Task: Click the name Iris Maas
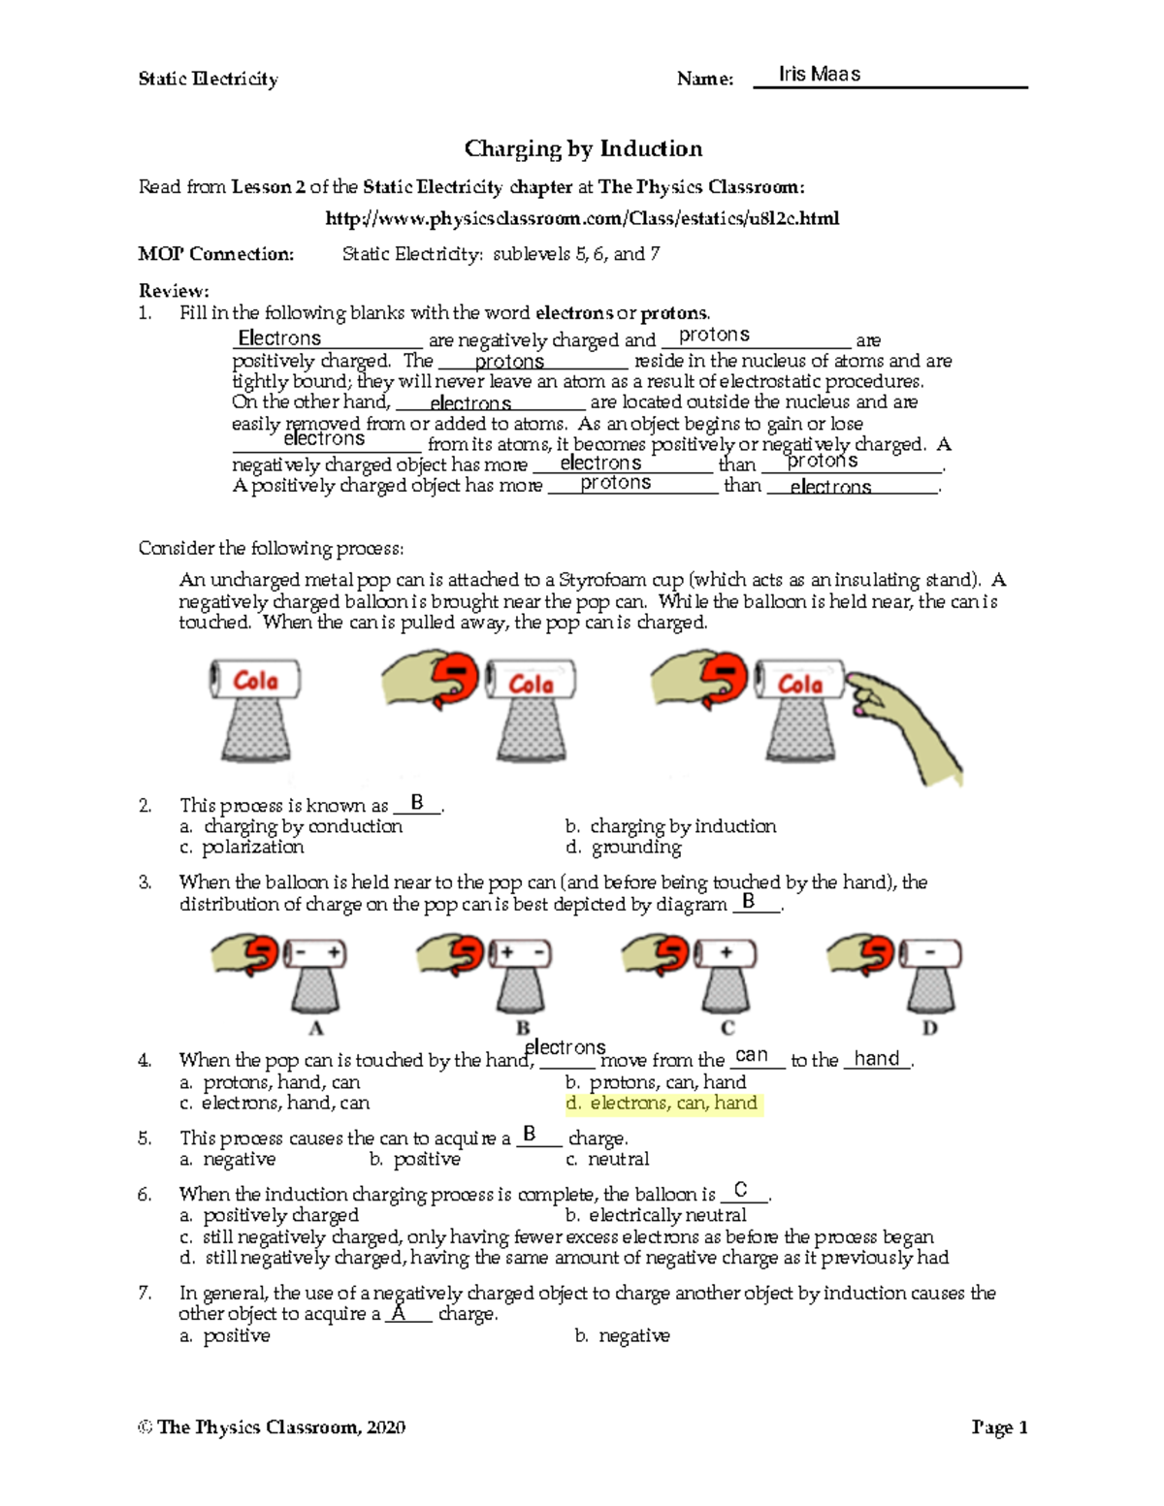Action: pos(819,75)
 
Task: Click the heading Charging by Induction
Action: pos(583,148)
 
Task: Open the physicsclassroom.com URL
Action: pos(582,218)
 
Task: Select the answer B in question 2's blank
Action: pos(417,803)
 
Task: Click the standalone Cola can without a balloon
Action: pos(255,681)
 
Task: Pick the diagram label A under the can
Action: pos(315,1028)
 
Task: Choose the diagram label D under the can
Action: pos(929,1028)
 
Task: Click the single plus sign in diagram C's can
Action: pos(726,952)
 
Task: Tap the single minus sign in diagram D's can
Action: pos(930,952)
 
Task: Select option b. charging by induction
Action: pos(670,826)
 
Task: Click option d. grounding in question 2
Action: pos(624,848)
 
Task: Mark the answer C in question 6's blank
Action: pos(741,1190)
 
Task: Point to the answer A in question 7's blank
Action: pos(398,1312)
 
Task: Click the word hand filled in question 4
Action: pos(877,1059)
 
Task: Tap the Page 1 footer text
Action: pos(999,1427)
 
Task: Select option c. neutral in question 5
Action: pos(608,1160)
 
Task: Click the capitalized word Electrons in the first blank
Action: pos(279,338)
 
